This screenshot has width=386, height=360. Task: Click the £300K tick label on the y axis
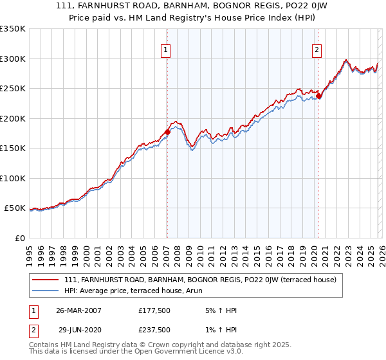click(x=13, y=59)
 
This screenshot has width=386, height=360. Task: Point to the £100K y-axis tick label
click(x=13, y=178)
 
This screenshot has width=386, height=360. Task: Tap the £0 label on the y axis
click(x=19, y=238)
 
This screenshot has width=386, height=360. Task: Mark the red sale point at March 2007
click(x=167, y=132)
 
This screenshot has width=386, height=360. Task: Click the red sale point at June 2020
click(x=318, y=96)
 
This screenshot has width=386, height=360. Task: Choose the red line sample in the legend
click(x=46, y=280)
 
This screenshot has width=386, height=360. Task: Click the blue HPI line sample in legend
click(x=46, y=291)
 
